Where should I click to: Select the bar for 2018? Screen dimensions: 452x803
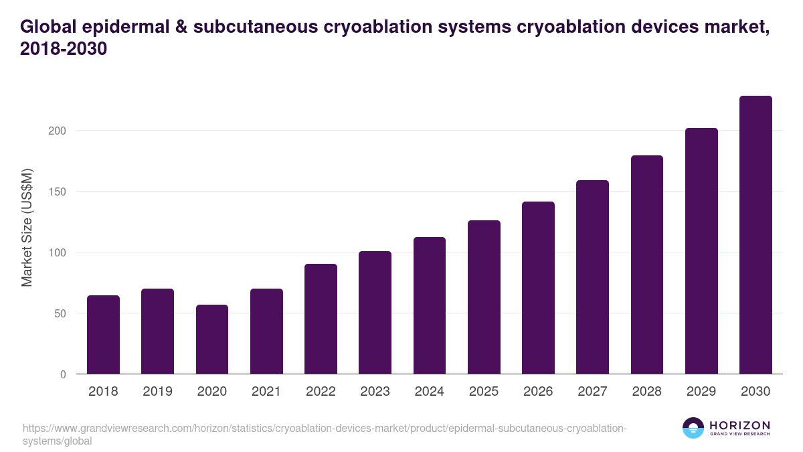(x=103, y=335)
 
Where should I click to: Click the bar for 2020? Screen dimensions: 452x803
(x=212, y=340)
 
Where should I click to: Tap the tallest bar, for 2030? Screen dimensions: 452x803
(x=755, y=235)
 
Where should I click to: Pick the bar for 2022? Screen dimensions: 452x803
(x=321, y=319)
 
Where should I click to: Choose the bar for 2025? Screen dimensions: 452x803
(x=484, y=297)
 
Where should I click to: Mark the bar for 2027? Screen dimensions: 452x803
(x=592, y=277)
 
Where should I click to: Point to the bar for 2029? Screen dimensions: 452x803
(x=701, y=251)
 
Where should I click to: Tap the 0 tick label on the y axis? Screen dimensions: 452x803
(x=63, y=374)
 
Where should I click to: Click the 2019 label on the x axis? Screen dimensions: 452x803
(x=157, y=392)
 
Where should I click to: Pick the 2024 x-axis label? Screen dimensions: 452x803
(x=430, y=392)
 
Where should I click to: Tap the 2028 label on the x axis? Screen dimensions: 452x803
(x=647, y=392)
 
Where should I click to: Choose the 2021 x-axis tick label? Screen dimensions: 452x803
(x=266, y=392)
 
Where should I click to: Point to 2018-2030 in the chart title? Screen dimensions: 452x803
(x=64, y=50)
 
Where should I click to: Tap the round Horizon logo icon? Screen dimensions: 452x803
(x=693, y=428)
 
